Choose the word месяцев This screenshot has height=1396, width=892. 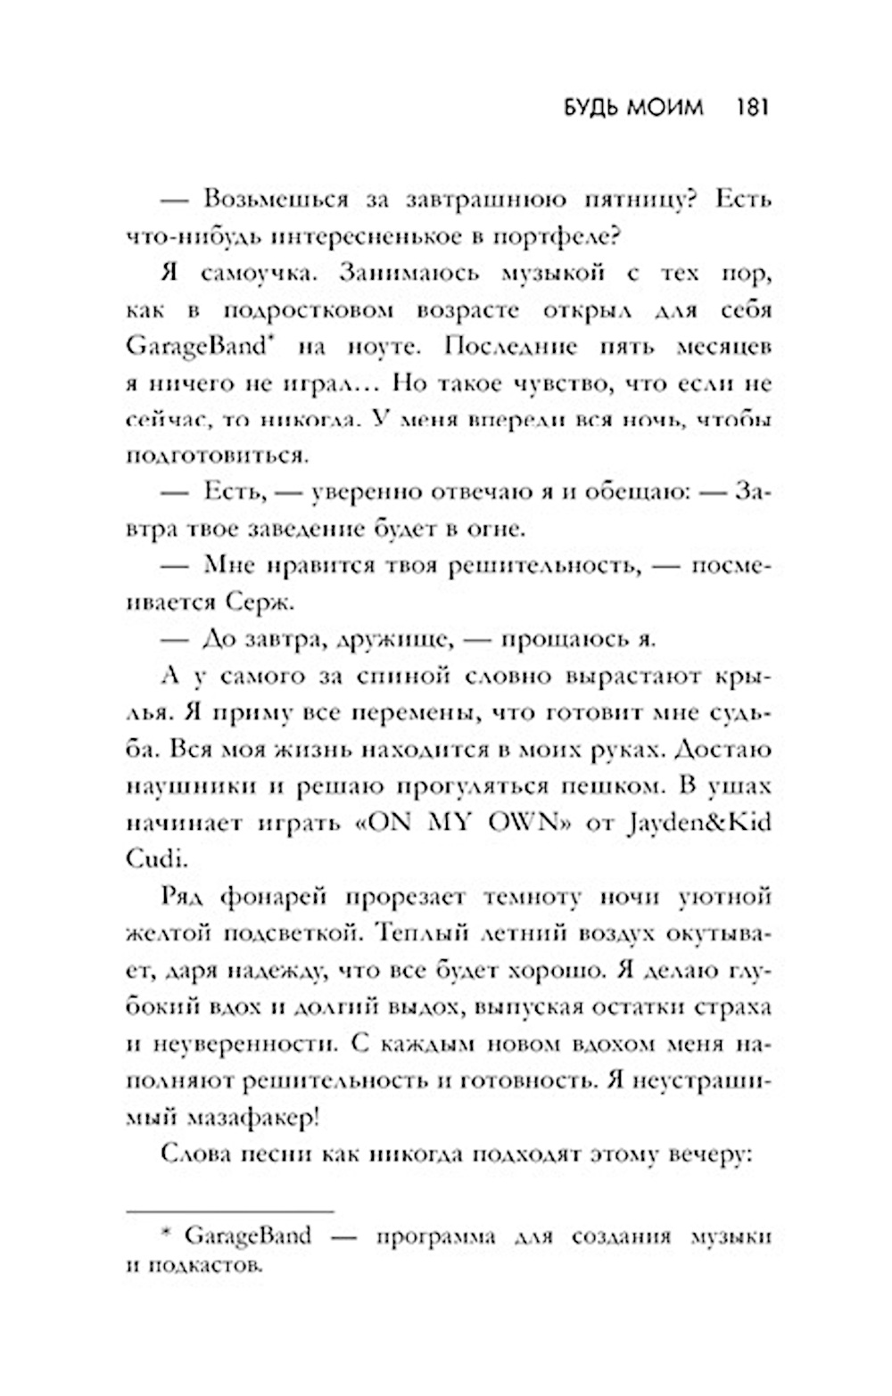[721, 347]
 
